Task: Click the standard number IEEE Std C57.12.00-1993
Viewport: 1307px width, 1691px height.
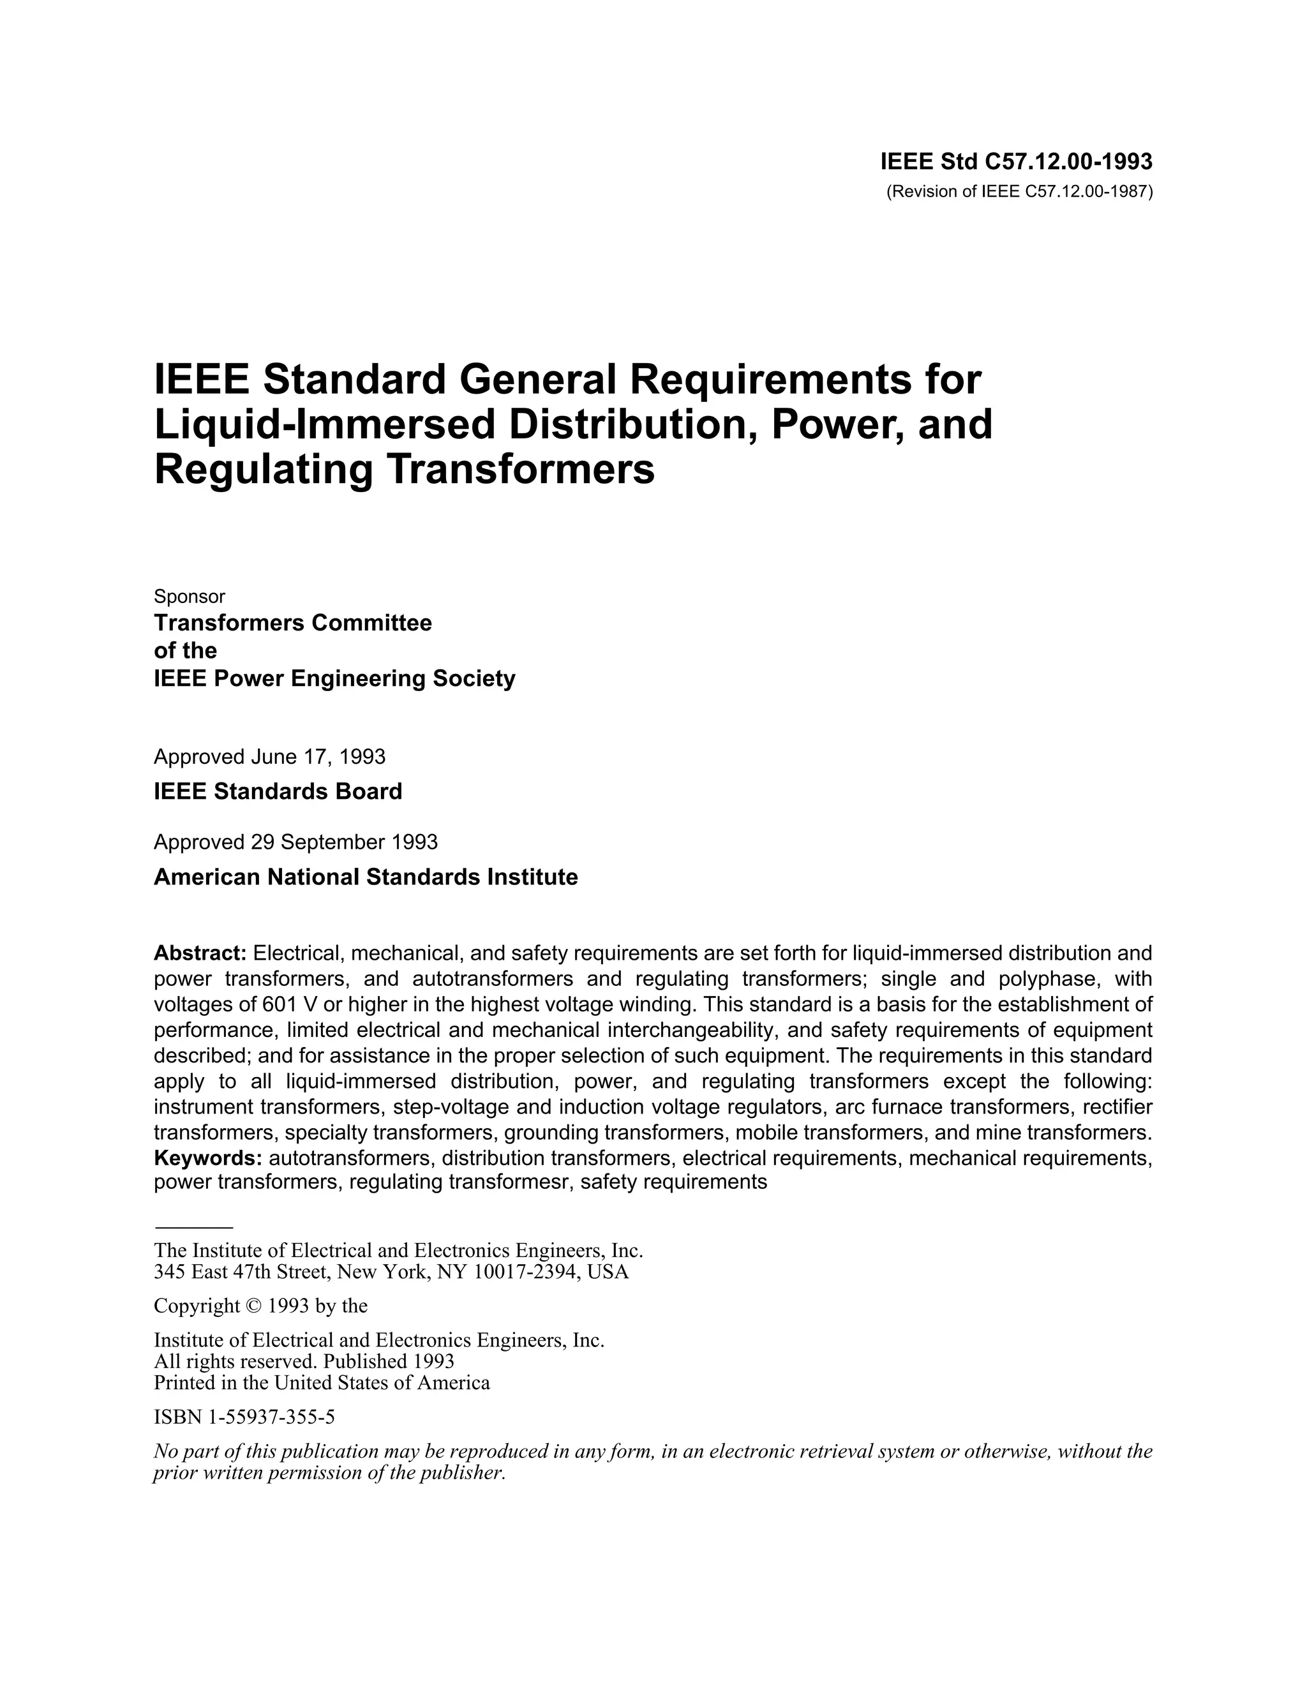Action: [x=1016, y=162]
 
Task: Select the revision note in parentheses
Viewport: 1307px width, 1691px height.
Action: [x=1019, y=192]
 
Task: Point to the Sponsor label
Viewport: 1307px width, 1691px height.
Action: [x=190, y=596]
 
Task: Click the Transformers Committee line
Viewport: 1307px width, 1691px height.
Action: [x=293, y=623]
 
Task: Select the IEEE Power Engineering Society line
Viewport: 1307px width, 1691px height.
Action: [x=334, y=679]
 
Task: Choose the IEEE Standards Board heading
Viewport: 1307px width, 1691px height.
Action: [x=278, y=791]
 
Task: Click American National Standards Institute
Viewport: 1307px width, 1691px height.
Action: [x=366, y=877]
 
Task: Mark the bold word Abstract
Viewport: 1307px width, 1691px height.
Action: [x=200, y=952]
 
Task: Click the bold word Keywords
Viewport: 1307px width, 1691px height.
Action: [x=207, y=1158]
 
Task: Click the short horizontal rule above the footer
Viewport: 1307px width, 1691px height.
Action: [x=193, y=1228]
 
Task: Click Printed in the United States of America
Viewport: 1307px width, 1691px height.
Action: [x=322, y=1383]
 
